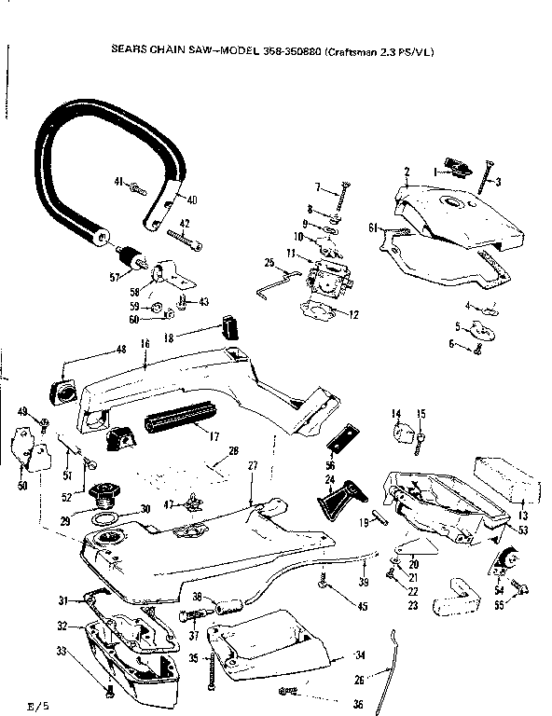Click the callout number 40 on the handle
pyautogui.click(x=192, y=199)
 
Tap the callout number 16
pyautogui.click(x=145, y=343)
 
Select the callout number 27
pyautogui.click(x=251, y=465)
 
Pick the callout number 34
pyautogui.click(x=360, y=655)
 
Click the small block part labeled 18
pyautogui.click(x=229, y=328)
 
